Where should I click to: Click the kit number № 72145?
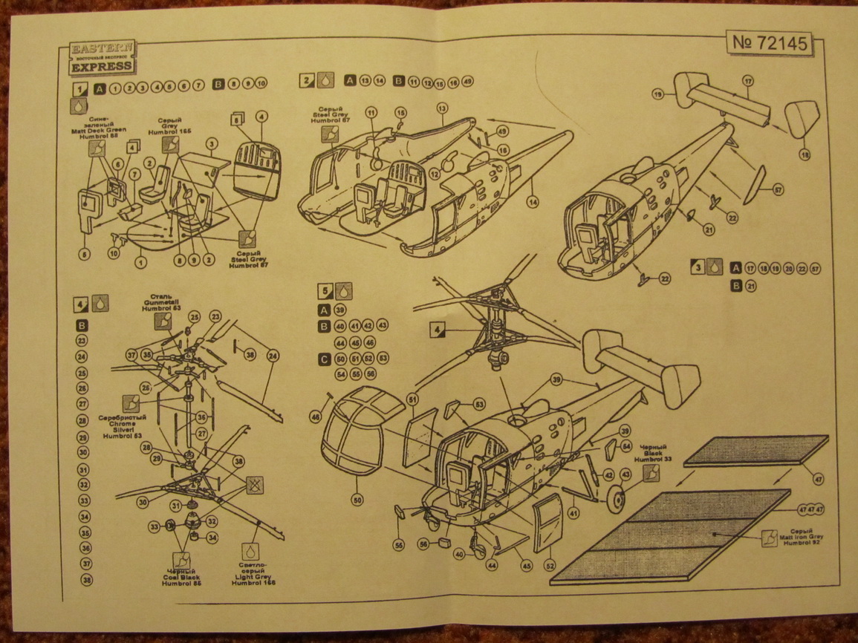pyautogui.click(x=769, y=43)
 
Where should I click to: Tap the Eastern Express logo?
pyautogui.click(x=102, y=57)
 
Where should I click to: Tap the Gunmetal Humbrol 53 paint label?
pyautogui.click(x=161, y=302)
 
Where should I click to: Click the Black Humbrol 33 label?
pyautogui.click(x=654, y=454)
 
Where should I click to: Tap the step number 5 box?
pyautogui.click(x=324, y=291)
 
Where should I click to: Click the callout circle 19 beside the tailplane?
pyautogui.click(x=657, y=94)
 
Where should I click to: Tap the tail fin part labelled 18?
pyautogui.click(x=802, y=119)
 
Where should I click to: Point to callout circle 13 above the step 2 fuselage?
pyautogui.click(x=441, y=108)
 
